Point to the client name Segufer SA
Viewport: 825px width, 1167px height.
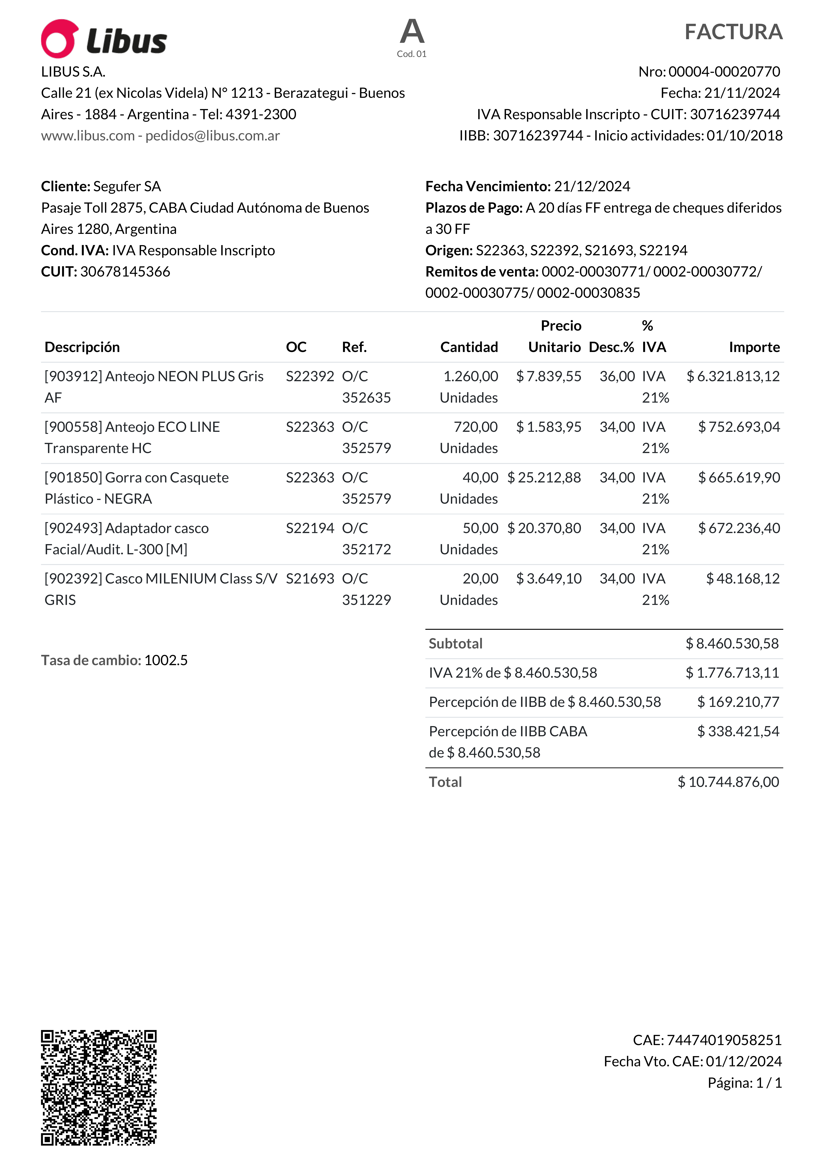127,187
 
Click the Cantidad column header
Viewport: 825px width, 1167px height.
469,347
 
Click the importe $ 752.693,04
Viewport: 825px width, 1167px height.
739,427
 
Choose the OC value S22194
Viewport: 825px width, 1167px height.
310,528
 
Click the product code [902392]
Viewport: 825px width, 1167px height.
73,578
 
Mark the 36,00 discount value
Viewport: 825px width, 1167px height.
617,376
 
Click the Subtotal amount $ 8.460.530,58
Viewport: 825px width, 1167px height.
732,644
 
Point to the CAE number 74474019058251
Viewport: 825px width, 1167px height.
724,1040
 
